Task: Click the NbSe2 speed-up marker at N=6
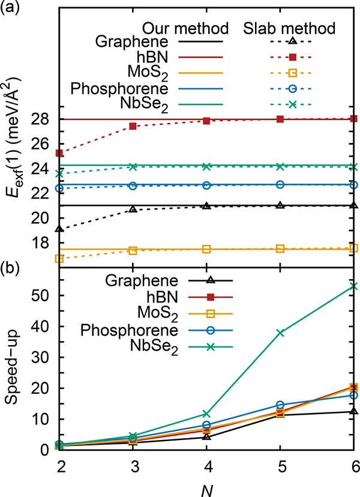353,286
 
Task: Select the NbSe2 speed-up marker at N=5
280,333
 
